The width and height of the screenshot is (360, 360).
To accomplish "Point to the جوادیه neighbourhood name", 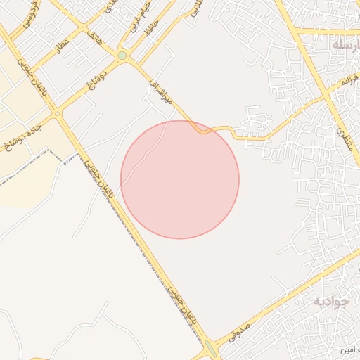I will tap(330, 301).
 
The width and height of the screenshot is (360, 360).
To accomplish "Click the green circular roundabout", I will tap(122, 55).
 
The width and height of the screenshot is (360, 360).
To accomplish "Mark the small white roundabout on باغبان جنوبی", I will tap(56, 113).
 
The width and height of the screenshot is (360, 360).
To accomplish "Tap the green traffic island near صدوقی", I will tap(210, 348).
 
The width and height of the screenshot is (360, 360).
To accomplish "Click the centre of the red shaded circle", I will tap(180, 179).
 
